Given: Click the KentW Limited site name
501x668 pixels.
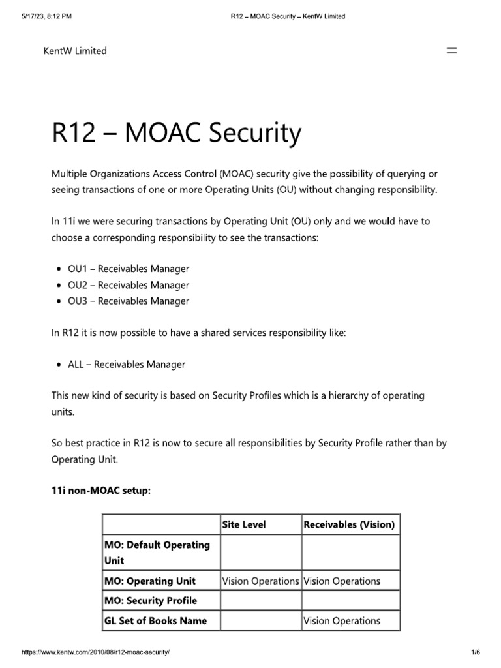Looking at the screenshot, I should pos(75,51).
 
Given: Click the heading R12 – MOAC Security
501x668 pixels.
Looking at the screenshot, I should pos(176,134).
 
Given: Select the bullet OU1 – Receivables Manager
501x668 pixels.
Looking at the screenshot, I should pos(129,269).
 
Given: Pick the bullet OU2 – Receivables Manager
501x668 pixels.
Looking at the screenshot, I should pos(129,285).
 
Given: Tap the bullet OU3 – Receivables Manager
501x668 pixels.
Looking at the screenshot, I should pos(129,301).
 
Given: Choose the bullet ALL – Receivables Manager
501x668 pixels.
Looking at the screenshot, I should pos(127,365).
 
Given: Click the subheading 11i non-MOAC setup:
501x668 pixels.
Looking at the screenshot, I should pos(101,491).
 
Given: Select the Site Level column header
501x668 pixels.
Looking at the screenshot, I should pos(244,524).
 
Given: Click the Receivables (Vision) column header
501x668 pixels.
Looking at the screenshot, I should pos(349,524).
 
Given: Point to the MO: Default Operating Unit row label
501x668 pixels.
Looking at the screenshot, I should pos(157,552).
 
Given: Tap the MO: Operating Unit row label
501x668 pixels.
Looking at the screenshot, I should pos(150,581).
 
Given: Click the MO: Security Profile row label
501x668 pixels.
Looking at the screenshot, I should pos(151,600).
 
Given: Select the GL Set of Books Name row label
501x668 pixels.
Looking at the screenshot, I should pos(156,620).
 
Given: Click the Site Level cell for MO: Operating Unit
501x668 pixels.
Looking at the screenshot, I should pos(260,581).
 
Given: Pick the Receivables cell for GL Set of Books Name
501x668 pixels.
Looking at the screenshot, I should pos(342,620).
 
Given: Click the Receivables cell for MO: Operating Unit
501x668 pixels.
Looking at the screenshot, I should pos(342,581).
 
